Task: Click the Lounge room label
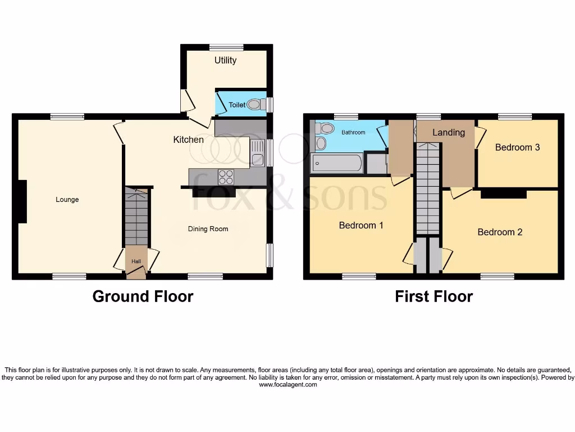(67, 200)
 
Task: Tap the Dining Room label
(208, 229)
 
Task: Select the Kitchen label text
(188, 139)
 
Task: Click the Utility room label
(225, 60)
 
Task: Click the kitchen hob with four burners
(226, 177)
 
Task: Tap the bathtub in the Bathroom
(337, 164)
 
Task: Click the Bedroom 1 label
(361, 226)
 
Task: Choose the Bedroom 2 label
(500, 232)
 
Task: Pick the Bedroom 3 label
(517, 147)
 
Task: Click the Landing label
(448, 133)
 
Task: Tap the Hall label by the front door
(136, 262)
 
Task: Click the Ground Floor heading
(143, 296)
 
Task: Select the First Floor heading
(433, 296)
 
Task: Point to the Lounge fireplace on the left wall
(22, 201)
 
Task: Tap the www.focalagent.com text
(287, 385)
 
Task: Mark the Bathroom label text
(354, 133)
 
